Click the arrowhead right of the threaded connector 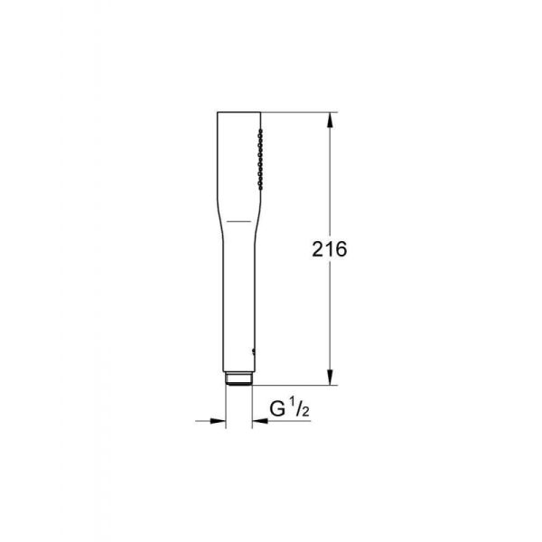point(257,419)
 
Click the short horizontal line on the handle point(237,220)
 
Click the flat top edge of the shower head point(238,112)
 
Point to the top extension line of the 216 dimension point(298,112)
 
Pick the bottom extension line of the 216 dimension point(298,385)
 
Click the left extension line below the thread point(226,406)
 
